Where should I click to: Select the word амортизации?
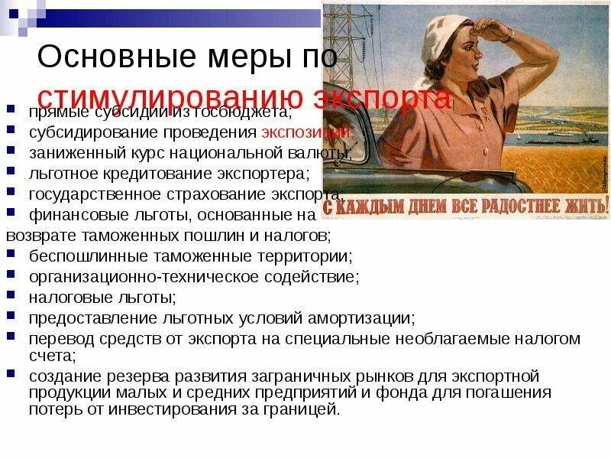pyautogui.click(x=359, y=317)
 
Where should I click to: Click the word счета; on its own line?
pyautogui.click(x=52, y=355)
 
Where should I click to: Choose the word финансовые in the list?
pyautogui.click(x=73, y=214)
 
